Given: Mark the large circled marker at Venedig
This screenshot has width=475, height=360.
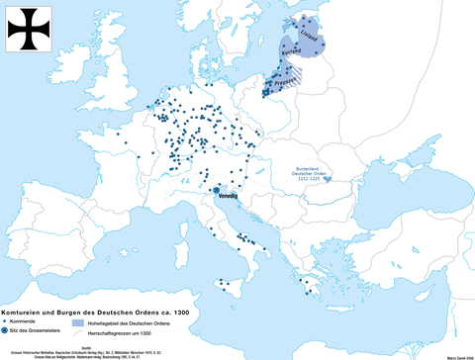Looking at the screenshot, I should [216, 189].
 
